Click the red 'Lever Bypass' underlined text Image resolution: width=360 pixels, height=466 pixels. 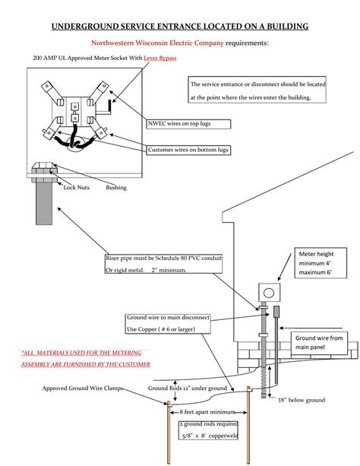[x=160, y=58]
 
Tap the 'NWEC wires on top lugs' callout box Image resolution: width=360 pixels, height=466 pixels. [x=188, y=124]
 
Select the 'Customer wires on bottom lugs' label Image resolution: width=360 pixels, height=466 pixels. [x=188, y=150]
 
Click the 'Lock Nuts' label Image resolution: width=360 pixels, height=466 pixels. [x=77, y=187]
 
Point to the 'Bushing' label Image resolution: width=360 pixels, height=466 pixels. [x=116, y=188]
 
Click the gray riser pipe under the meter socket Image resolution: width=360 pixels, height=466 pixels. [x=44, y=203]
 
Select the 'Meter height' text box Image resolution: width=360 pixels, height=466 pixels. [x=321, y=263]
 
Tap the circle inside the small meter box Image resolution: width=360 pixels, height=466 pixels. [x=269, y=293]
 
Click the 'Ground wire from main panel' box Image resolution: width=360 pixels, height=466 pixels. [x=319, y=343]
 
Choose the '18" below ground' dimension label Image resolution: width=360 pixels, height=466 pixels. [x=302, y=400]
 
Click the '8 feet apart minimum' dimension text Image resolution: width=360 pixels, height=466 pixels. [x=207, y=412]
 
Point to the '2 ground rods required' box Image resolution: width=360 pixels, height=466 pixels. [x=208, y=430]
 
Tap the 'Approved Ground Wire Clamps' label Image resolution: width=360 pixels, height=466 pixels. [x=83, y=388]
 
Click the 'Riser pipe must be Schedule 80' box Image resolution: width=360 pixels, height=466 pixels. [x=163, y=264]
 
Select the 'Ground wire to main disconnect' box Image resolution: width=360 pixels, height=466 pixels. [x=168, y=323]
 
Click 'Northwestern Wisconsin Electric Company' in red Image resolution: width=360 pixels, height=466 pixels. [x=157, y=43]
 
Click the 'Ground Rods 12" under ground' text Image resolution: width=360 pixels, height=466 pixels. [x=188, y=388]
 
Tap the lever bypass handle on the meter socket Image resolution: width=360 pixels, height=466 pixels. [x=109, y=106]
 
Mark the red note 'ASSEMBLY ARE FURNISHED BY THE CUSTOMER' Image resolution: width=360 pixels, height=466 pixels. [x=86, y=364]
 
